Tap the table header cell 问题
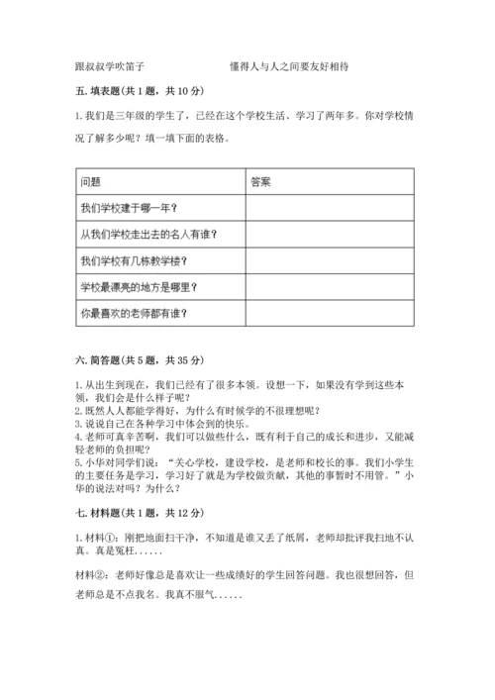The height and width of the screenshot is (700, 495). tap(90, 181)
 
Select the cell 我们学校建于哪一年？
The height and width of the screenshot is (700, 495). tap(128, 208)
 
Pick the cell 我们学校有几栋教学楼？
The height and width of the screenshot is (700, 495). tap(134, 261)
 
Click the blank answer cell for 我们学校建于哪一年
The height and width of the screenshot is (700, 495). tap(329, 208)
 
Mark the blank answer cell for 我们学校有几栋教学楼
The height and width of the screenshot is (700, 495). tap(329, 261)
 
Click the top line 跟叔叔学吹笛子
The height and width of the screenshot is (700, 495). tap(110, 66)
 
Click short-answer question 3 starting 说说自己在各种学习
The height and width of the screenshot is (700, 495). tap(168, 420)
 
